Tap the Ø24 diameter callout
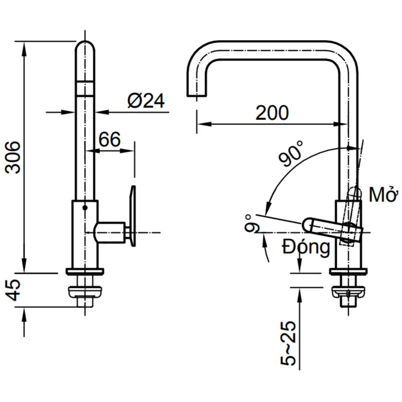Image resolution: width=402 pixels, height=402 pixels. point(146,100)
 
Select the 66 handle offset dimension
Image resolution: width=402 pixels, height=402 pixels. point(110,139)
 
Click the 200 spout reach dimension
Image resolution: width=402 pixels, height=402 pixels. point(272,113)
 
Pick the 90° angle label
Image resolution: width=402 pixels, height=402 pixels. point(291,153)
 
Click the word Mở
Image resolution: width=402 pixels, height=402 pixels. point(383,194)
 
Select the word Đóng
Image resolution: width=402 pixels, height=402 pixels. point(306,247)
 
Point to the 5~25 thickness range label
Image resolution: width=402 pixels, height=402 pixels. point(288,343)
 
